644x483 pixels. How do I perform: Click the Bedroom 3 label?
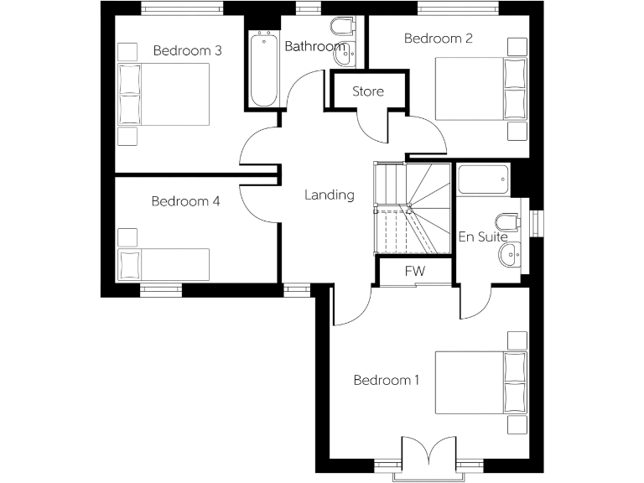(187, 51)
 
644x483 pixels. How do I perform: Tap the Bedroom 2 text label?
(438, 39)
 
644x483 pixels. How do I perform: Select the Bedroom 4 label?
(185, 201)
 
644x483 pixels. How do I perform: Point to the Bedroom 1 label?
(386, 381)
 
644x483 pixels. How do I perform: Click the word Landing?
(329, 195)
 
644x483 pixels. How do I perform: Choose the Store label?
(368, 91)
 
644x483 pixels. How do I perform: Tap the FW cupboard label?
(414, 271)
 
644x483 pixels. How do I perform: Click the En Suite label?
(483, 237)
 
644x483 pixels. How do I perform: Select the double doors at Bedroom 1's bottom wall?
(429, 457)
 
